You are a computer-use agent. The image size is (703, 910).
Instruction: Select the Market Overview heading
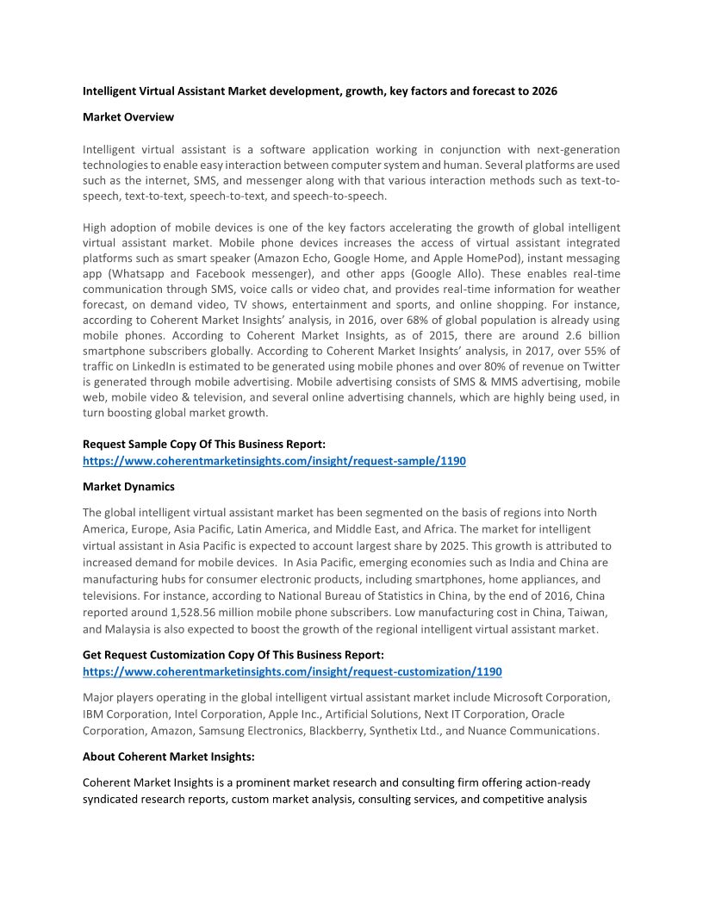click(x=128, y=116)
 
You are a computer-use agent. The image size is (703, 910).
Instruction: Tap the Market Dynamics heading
click(x=128, y=487)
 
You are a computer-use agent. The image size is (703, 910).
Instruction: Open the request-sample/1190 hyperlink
click(x=274, y=461)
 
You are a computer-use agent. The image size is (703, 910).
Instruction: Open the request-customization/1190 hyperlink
click(x=292, y=671)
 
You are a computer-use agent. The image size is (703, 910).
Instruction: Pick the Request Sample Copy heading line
click(x=204, y=444)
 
